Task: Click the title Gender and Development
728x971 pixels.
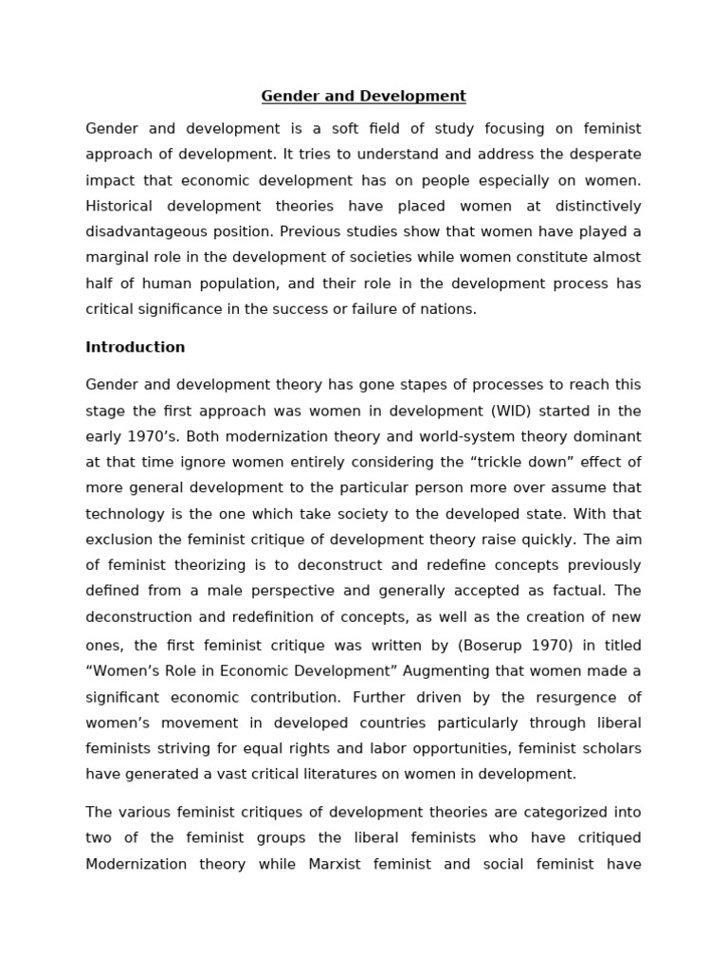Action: point(363,96)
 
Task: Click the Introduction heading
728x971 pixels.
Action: point(135,347)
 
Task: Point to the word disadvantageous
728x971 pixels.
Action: point(143,231)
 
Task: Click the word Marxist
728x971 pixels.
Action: point(337,864)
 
